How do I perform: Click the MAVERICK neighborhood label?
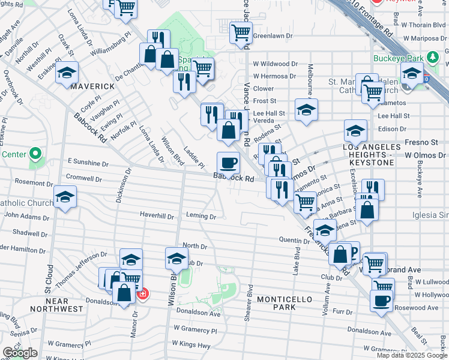(92, 86)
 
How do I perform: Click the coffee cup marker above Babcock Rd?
(228, 163)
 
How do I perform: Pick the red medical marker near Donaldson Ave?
(142, 294)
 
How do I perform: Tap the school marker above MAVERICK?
(67, 73)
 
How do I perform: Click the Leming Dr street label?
(200, 216)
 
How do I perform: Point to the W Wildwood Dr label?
(275, 64)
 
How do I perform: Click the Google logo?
(20, 353)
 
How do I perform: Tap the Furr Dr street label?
(342, 312)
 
